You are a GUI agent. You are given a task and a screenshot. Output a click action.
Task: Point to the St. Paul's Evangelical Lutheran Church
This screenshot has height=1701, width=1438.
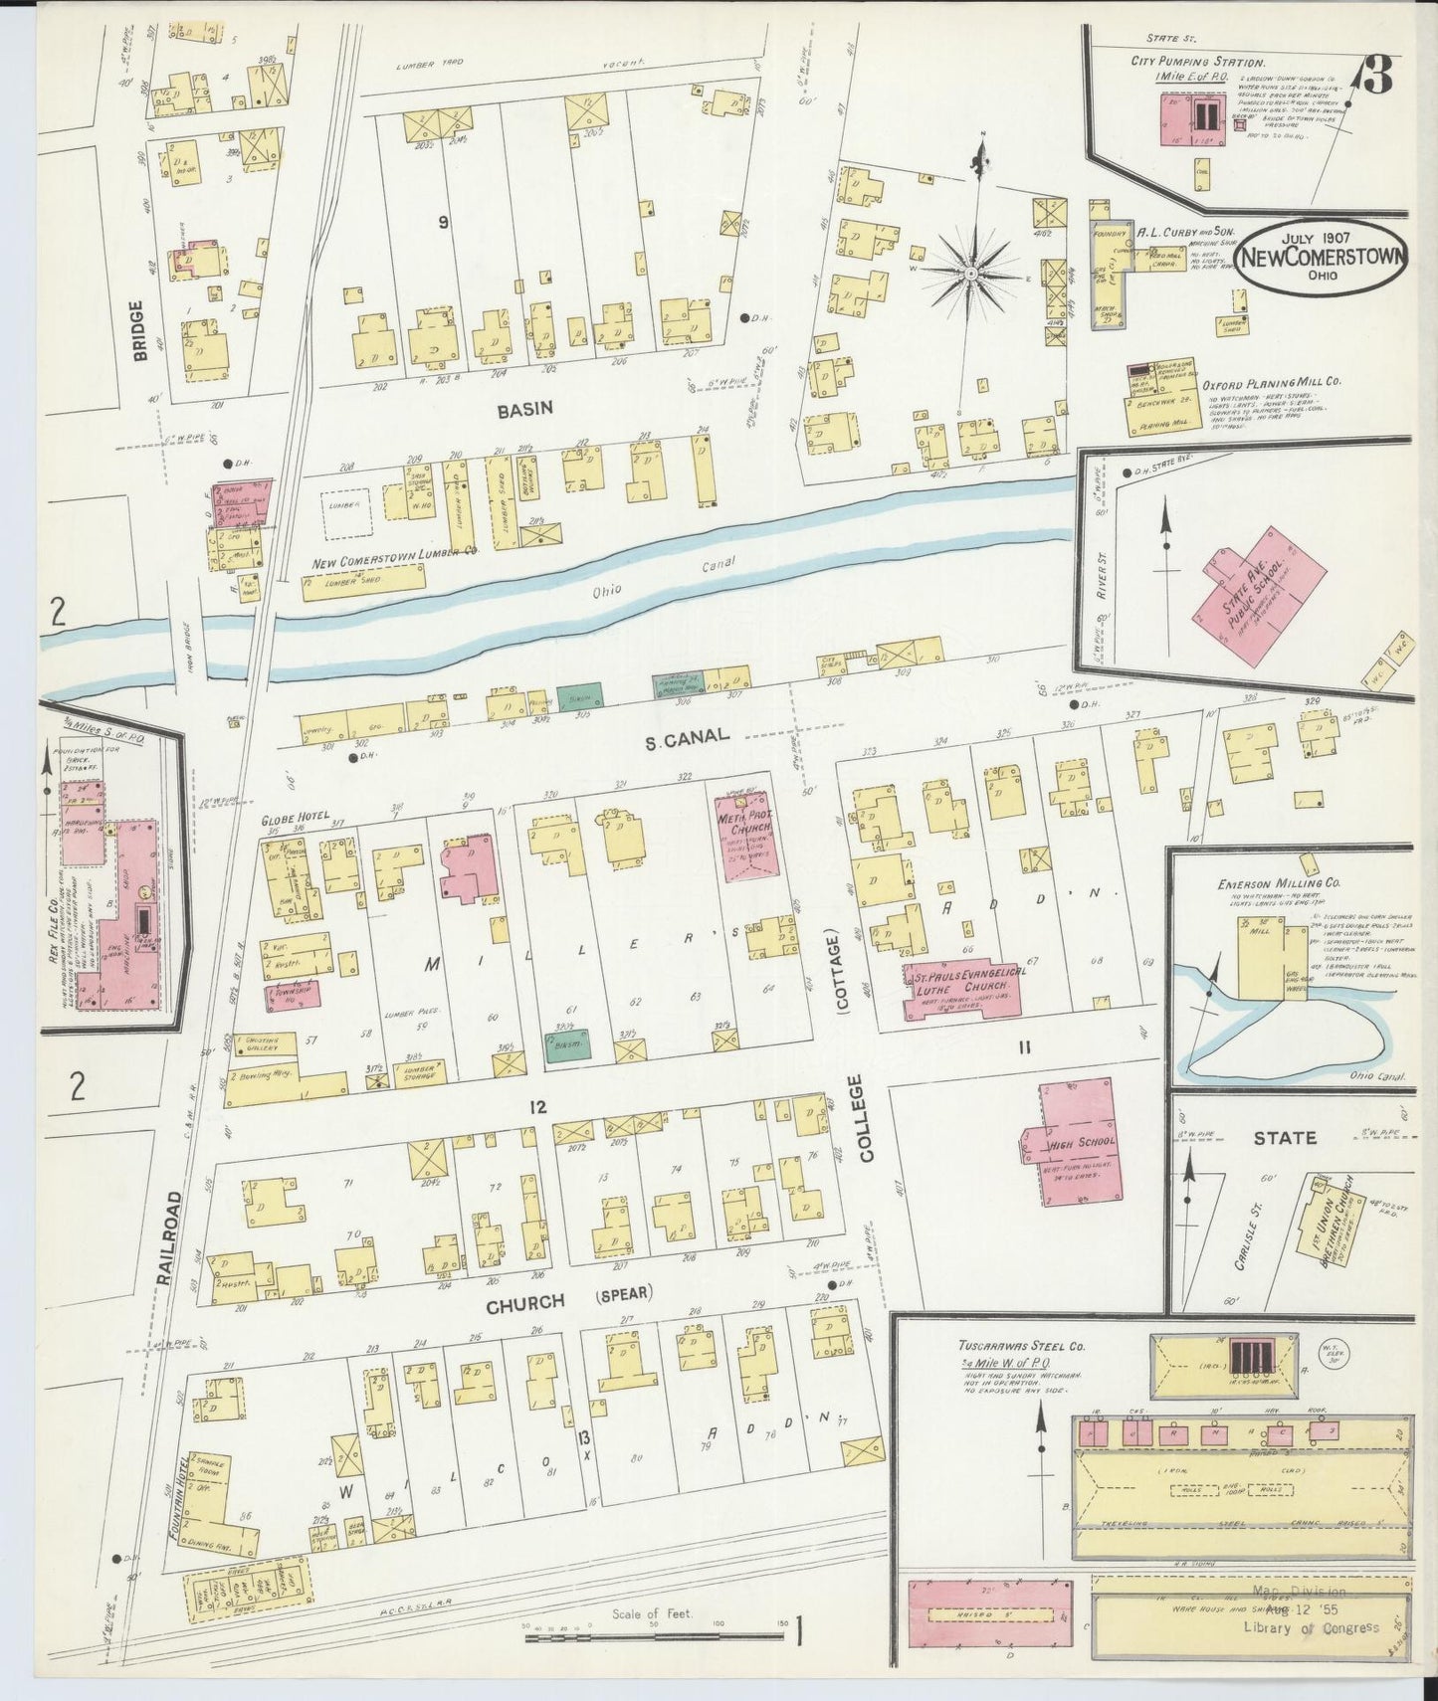coord(962,991)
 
